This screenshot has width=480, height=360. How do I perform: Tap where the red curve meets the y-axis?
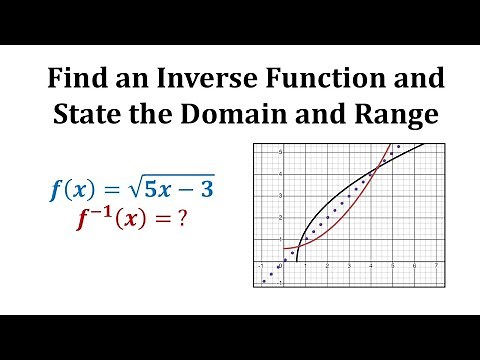(x=284, y=248)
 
